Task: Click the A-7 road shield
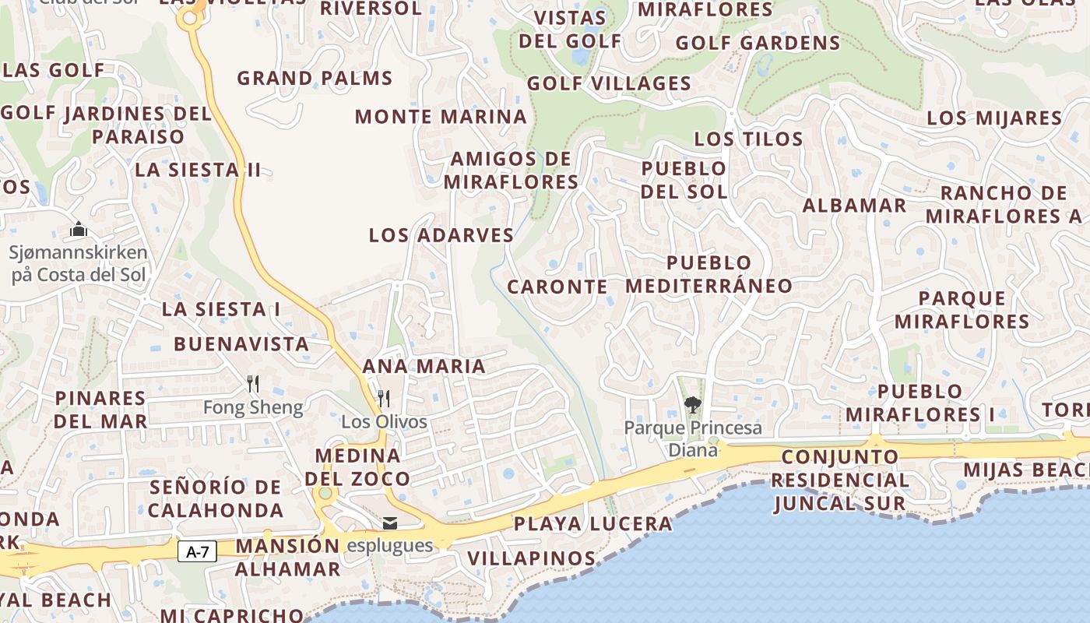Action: coord(198,552)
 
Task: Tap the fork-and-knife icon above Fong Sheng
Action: coord(252,383)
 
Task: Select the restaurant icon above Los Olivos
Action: coord(384,399)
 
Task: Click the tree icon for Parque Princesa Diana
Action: coord(692,404)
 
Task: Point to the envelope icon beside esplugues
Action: coord(390,523)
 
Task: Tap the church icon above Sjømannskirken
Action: coord(78,230)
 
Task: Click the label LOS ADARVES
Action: coord(441,235)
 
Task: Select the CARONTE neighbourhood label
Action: coord(557,287)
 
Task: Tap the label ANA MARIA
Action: coord(424,366)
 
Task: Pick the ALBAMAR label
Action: coord(854,206)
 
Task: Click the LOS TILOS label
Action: coord(748,139)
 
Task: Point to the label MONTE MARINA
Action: coord(441,117)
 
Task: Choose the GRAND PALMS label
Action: coord(315,79)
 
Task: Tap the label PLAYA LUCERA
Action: coord(592,524)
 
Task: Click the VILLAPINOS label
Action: coord(532,558)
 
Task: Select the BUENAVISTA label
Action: coord(241,343)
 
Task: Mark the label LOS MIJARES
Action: coord(994,118)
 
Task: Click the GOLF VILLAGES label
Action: coord(609,83)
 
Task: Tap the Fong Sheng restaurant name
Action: coord(252,407)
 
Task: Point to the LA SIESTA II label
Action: coord(198,170)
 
